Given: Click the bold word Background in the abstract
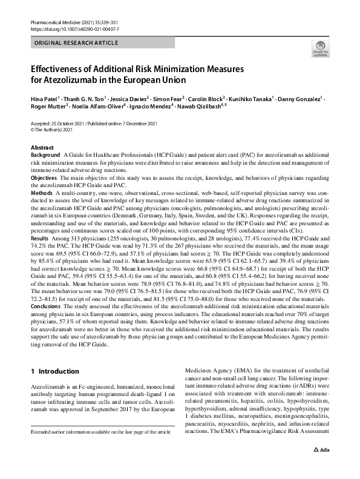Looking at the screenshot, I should (45, 156).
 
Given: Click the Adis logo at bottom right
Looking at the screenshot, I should (321, 468).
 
